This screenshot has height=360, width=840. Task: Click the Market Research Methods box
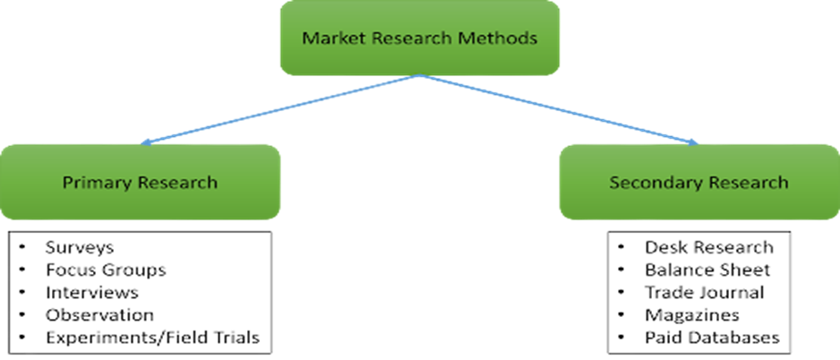click(x=420, y=39)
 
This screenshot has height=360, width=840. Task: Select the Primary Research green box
click(x=140, y=183)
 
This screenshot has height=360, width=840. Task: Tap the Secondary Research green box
click(x=699, y=183)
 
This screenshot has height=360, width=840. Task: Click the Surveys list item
click(x=80, y=246)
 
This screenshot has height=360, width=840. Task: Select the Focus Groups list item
click(x=106, y=270)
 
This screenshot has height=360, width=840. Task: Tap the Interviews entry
click(x=92, y=293)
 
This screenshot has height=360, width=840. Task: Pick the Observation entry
click(x=99, y=315)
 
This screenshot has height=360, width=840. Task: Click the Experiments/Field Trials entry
click(x=152, y=338)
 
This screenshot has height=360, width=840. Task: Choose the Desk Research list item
click(x=708, y=246)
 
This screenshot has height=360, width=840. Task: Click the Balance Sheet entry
click(x=707, y=270)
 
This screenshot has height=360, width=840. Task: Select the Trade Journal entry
click(x=704, y=293)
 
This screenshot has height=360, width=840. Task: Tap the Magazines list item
click(x=691, y=315)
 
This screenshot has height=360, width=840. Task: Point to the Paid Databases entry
click(x=712, y=338)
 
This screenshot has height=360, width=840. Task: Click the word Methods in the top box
click(x=504, y=39)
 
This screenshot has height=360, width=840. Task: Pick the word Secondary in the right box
click(x=651, y=183)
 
